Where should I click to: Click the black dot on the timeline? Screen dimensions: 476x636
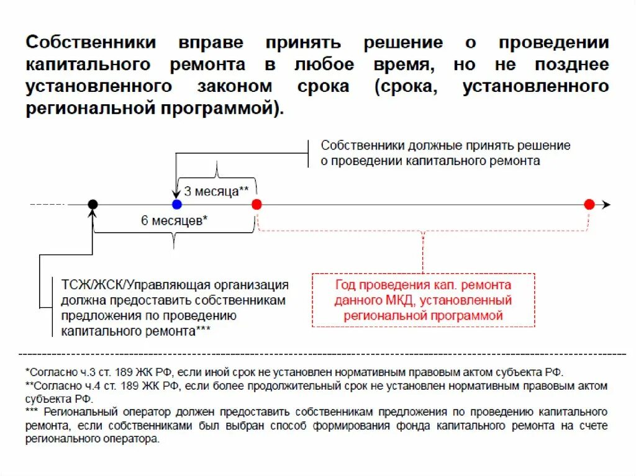tap(93, 204)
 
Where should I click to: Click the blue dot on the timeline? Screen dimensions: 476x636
tap(177, 204)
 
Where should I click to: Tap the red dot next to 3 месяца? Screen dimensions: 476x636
tap(257, 204)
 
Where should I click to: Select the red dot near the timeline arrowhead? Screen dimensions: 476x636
tap(589, 204)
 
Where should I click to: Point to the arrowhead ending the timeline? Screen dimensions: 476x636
tap(607, 205)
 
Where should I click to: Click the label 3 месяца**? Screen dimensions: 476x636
tap(216, 191)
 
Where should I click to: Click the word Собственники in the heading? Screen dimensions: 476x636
tap(91, 43)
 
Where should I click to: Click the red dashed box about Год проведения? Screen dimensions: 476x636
tap(423, 300)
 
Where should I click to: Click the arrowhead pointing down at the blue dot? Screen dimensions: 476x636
tap(176, 195)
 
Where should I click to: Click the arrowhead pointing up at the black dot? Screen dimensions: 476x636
tap(93, 214)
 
